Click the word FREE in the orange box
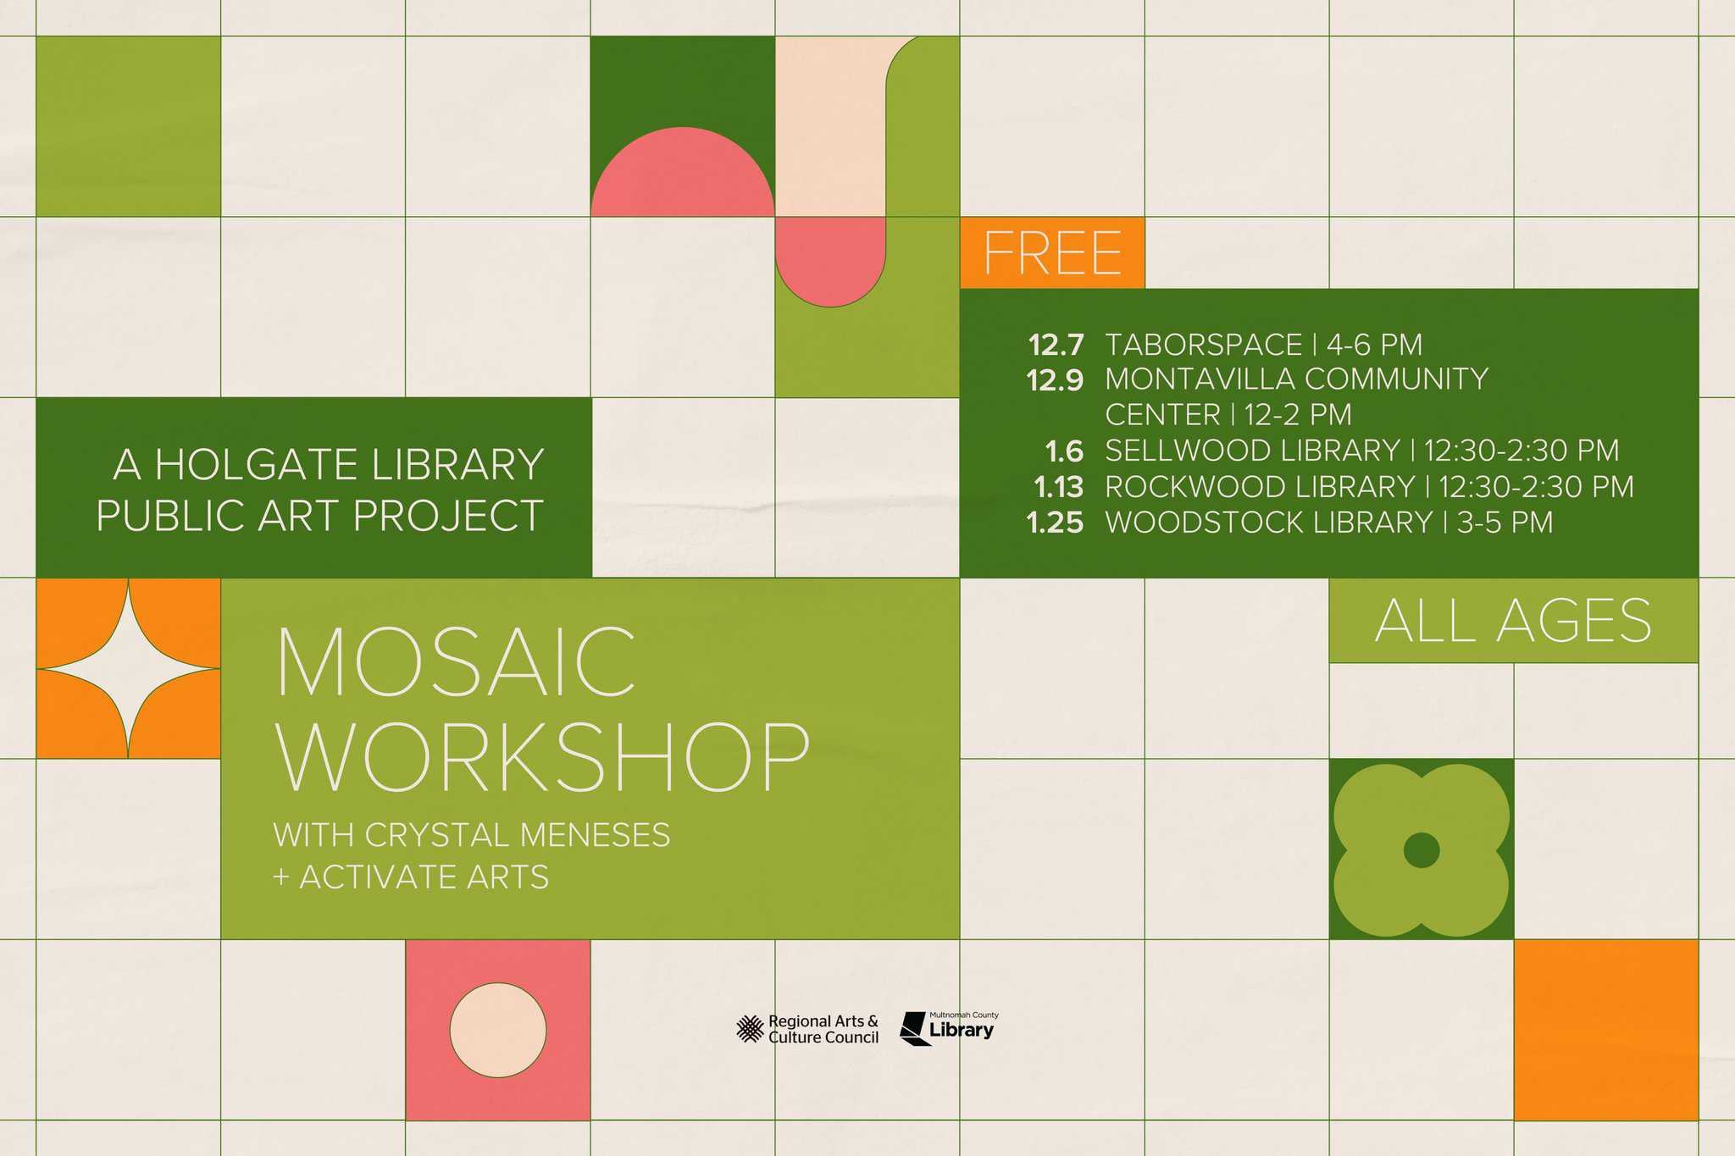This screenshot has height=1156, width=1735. [1052, 252]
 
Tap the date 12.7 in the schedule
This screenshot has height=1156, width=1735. [1056, 346]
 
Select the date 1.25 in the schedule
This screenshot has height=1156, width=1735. [1055, 523]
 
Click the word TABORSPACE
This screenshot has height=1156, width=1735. [1204, 346]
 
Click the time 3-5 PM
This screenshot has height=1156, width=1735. [1505, 523]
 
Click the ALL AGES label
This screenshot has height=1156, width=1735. [1513, 621]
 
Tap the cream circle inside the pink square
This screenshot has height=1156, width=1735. [498, 1031]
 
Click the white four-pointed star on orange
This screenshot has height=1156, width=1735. [129, 669]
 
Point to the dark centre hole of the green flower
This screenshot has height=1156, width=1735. [1422, 850]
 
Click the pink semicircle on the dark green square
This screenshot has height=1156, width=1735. [683, 172]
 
